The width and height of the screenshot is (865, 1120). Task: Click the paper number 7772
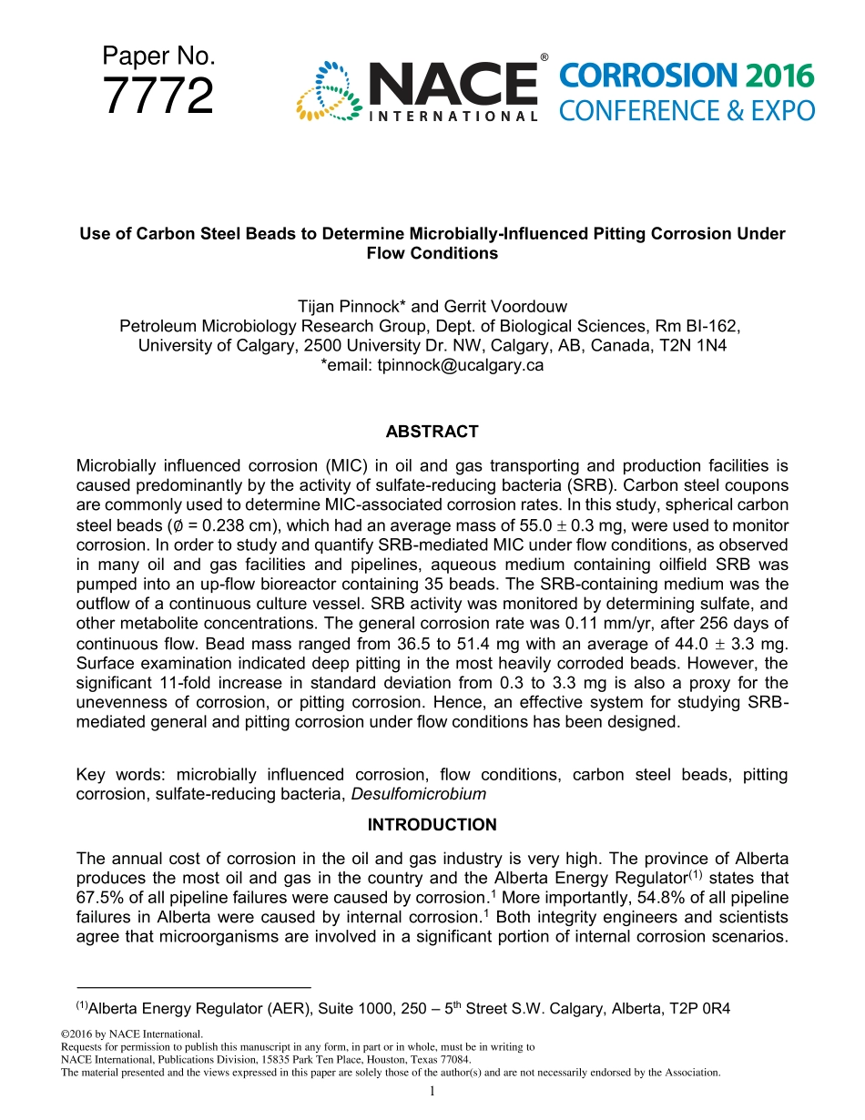coord(158,97)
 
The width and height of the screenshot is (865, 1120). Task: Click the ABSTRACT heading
coord(432,432)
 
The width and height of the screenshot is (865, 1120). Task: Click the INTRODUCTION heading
coord(432,825)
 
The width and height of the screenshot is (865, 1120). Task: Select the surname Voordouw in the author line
coord(522,307)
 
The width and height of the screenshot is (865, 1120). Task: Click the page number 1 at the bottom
coord(432,1092)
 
